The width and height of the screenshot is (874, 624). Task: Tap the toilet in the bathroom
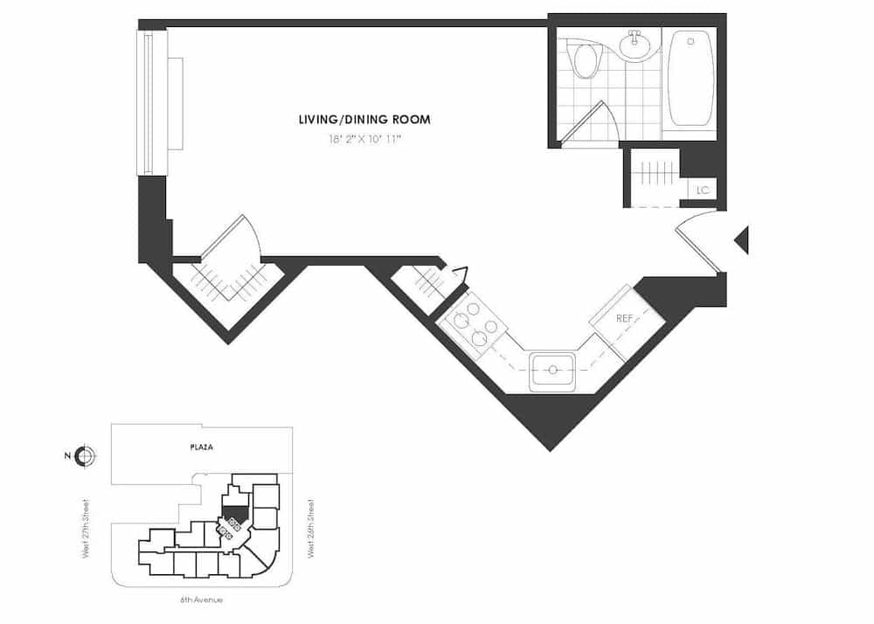pyautogui.click(x=584, y=60)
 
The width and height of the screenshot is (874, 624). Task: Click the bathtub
pyautogui.click(x=690, y=79)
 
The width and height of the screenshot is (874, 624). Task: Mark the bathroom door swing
pyautogui.click(x=594, y=122)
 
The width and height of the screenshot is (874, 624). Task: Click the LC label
pyautogui.click(x=702, y=190)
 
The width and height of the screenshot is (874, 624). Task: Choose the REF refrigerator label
pyautogui.click(x=624, y=319)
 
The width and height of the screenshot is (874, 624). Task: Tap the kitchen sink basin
pyautogui.click(x=552, y=371)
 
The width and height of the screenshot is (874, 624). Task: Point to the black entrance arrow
pyautogui.click(x=741, y=239)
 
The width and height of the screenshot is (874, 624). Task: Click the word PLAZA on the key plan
pyautogui.click(x=202, y=447)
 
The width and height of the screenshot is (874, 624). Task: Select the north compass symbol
pyautogui.click(x=85, y=455)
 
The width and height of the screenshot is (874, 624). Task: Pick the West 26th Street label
pyautogui.click(x=311, y=528)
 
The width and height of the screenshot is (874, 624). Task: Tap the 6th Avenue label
pyautogui.click(x=202, y=600)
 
